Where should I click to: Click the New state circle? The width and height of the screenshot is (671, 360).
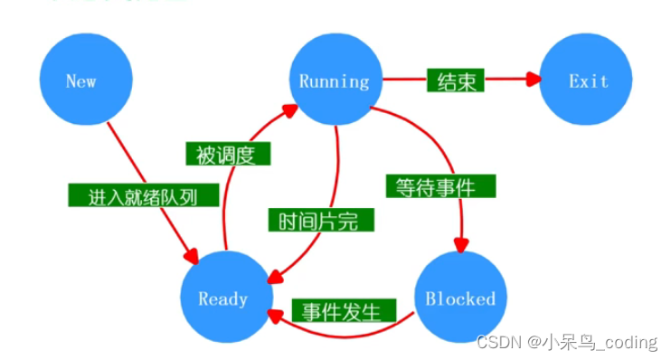click(81, 81)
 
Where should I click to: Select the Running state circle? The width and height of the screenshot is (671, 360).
click(335, 81)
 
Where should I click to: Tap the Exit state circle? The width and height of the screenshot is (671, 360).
click(588, 81)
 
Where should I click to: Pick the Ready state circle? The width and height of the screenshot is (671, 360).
click(222, 298)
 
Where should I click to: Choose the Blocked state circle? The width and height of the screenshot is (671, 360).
click(460, 298)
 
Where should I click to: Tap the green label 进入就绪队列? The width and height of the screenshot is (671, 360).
click(132, 195)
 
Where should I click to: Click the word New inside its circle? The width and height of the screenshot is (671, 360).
click(81, 81)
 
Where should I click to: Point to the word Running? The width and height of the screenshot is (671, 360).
click(335, 81)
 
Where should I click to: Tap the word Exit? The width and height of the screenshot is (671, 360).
click(588, 81)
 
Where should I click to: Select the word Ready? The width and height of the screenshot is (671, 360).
click(222, 298)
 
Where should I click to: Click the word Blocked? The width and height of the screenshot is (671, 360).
click(460, 298)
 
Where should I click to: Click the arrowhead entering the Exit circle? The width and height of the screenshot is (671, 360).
click(534, 80)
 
